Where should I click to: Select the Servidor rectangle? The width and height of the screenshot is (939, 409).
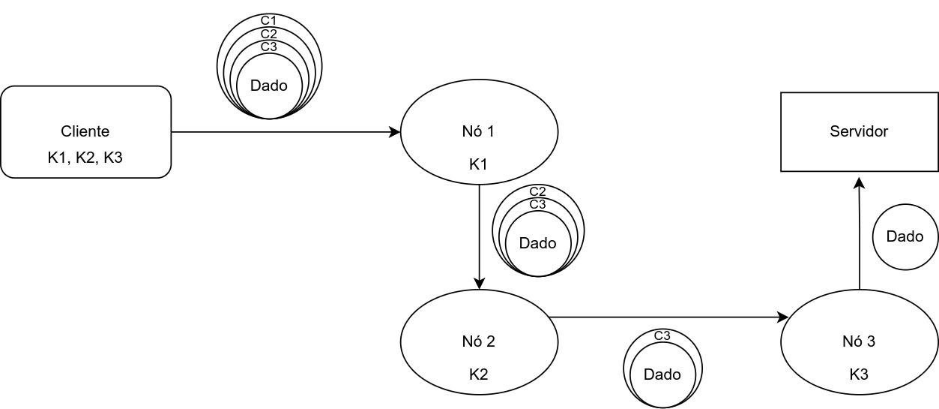[859, 132]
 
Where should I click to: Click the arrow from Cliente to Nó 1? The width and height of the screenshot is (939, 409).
[285, 133]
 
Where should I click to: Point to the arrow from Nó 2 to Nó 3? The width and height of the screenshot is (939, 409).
[667, 317]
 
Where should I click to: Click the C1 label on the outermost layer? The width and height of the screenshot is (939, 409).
[269, 20]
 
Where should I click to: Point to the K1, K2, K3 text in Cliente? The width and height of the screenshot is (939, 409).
[86, 158]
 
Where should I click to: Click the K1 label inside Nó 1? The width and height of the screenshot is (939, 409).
[479, 164]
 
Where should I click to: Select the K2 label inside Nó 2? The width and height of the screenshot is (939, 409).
[479, 374]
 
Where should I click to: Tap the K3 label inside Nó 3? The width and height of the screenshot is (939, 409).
[859, 374]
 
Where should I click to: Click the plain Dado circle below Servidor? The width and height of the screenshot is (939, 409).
[905, 237]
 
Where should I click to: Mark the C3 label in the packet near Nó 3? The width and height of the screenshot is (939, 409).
[662, 335]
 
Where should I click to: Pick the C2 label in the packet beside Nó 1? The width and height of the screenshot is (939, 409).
[538, 192]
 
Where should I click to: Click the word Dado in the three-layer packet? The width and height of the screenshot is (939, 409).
[269, 86]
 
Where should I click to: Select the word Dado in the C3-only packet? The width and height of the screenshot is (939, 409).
[662, 374]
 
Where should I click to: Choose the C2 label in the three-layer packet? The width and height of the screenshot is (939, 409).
[269, 34]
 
